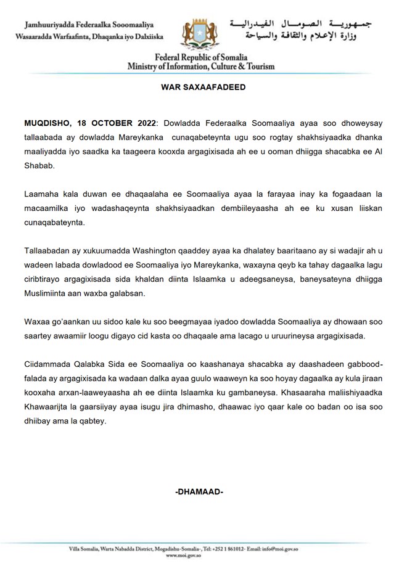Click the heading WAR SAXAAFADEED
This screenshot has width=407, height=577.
[203, 88]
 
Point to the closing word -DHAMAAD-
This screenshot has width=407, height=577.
[199, 492]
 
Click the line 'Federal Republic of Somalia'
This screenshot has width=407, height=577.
[201, 57]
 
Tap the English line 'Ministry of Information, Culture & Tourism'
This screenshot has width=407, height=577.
[201, 66]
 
